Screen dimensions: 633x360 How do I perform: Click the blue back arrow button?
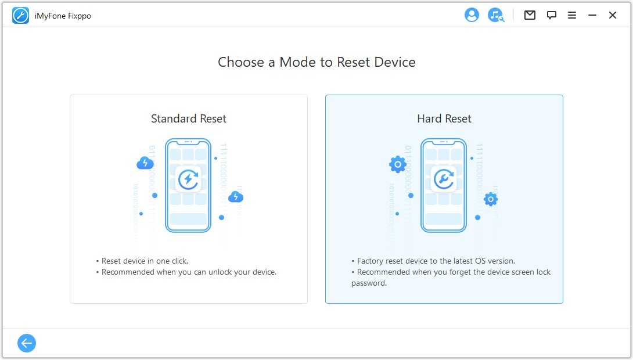coord(27,343)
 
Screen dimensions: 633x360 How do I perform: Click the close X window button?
coord(613,15)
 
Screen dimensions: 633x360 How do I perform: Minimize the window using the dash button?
coord(592,15)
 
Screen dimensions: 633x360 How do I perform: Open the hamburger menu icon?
coord(571,15)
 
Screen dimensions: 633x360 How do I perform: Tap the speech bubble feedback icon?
coord(552,15)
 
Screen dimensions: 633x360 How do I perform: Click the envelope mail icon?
coord(530,15)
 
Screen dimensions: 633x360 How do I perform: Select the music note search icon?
coord(496,15)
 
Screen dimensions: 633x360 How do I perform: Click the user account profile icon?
coord(472,15)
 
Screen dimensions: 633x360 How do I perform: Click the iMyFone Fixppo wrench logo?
coord(20,16)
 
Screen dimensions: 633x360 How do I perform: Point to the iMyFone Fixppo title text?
coord(63,16)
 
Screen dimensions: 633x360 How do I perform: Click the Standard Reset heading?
coord(189,118)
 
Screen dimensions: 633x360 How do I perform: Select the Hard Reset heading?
coord(444,118)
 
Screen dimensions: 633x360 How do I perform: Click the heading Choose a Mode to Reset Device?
coord(316,62)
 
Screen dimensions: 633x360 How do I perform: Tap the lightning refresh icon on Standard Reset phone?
coord(188,179)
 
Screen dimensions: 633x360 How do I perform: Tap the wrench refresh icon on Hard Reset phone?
coord(444,179)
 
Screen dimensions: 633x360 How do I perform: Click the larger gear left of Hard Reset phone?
coord(398,164)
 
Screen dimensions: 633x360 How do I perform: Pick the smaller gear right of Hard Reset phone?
coord(491,199)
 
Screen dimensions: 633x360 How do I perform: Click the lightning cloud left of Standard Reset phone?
coord(145,163)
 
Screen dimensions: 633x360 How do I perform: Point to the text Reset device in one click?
coord(145,261)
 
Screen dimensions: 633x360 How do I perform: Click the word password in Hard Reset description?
coord(369,283)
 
